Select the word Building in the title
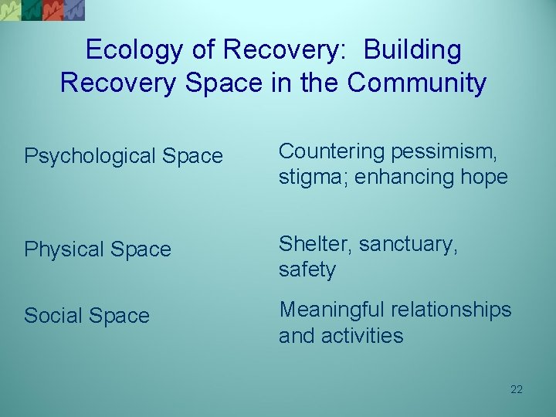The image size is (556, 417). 412,50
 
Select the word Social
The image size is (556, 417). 53,316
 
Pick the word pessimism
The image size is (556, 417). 453,151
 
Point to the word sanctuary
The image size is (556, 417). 412,244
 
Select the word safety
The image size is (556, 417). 307,270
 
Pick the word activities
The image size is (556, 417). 367,336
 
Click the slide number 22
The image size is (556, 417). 517,389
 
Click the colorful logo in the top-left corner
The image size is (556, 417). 42,9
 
